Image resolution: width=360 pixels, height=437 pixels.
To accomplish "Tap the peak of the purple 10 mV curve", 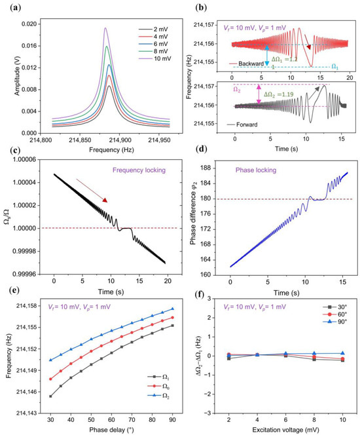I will click(x=105, y=28).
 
